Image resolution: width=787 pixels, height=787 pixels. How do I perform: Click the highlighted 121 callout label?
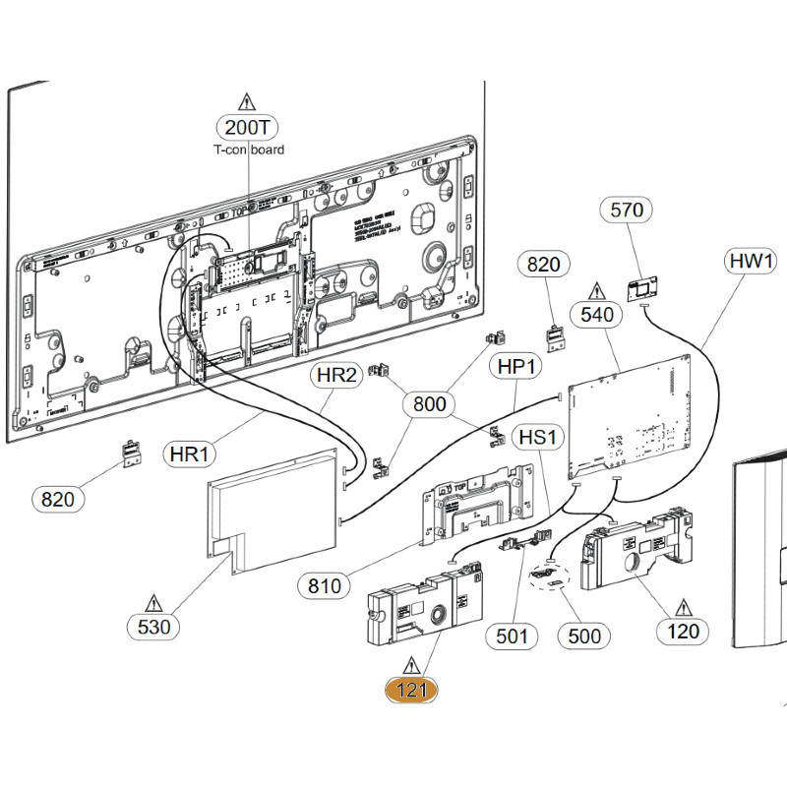point(411,691)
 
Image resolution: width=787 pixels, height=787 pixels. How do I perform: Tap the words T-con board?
point(249,150)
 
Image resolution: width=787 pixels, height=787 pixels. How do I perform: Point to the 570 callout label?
point(627,210)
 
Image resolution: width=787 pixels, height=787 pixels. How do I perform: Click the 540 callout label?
point(597,315)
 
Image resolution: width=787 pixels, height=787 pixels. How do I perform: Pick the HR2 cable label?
point(336,375)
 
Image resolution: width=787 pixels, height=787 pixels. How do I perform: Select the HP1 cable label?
point(515,365)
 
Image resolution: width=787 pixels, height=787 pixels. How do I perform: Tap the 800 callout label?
point(430,403)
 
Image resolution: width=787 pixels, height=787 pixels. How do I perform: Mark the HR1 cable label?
point(191,454)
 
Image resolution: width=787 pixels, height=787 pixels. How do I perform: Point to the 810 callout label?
point(324,586)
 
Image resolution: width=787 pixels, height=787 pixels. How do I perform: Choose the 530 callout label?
point(153,626)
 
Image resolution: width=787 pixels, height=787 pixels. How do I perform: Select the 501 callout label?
point(512,636)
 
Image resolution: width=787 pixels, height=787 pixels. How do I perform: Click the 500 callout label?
point(584,636)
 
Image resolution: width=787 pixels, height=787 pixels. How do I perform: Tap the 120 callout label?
point(682,631)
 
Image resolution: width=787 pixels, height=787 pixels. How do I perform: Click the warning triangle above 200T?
point(247,101)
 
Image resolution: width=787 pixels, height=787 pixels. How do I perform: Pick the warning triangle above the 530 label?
point(153,600)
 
